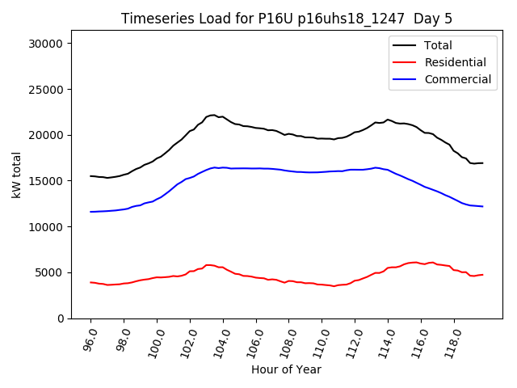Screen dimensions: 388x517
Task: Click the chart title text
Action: pyautogui.click(x=287, y=19)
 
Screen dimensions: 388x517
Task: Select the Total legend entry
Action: pyautogui.click(x=438, y=45)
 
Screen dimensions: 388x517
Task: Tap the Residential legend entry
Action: pyautogui.click(x=455, y=62)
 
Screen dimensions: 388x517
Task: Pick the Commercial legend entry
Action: pyautogui.click(x=457, y=79)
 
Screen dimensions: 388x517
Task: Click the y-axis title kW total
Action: pyautogui.click(x=16, y=180)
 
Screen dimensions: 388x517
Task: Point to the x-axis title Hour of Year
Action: pyautogui.click(x=286, y=369)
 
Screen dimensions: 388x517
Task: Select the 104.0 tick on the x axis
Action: pyautogui.click(x=221, y=340)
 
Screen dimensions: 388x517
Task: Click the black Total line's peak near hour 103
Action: pyautogui.click(x=212, y=115)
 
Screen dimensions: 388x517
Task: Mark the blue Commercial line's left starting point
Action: pyautogui.click(x=90, y=212)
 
